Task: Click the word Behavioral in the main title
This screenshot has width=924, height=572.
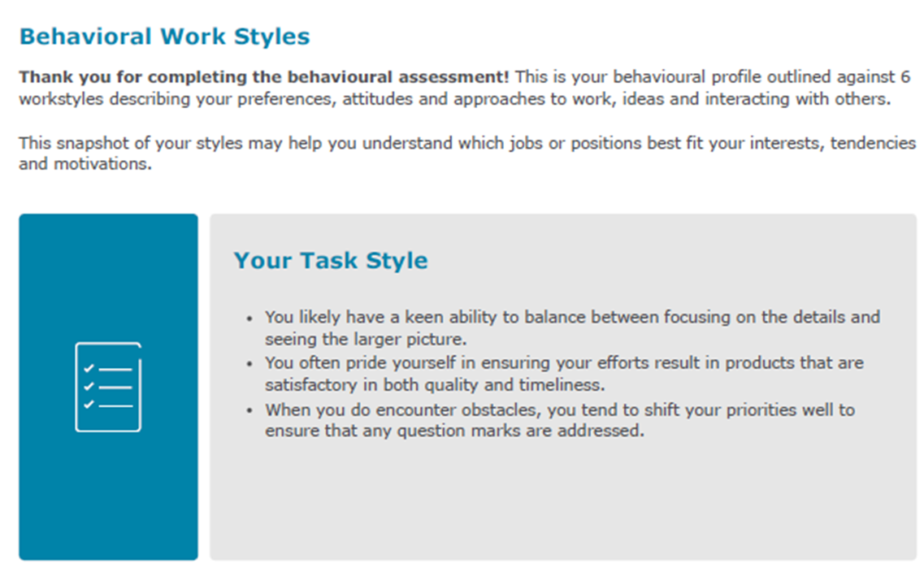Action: (x=85, y=37)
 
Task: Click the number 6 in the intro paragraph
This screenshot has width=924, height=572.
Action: (x=905, y=76)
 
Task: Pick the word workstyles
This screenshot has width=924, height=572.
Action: (x=61, y=98)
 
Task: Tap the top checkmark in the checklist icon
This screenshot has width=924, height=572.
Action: (x=89, y=369)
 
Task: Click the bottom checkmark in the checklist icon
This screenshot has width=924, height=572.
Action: (x=89, y=404)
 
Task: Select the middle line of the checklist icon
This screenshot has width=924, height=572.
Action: (x=115, y=388)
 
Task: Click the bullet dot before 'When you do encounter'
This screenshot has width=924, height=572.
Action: (x=249, y=410)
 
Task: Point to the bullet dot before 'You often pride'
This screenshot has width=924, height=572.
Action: (x=249, y=364)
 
